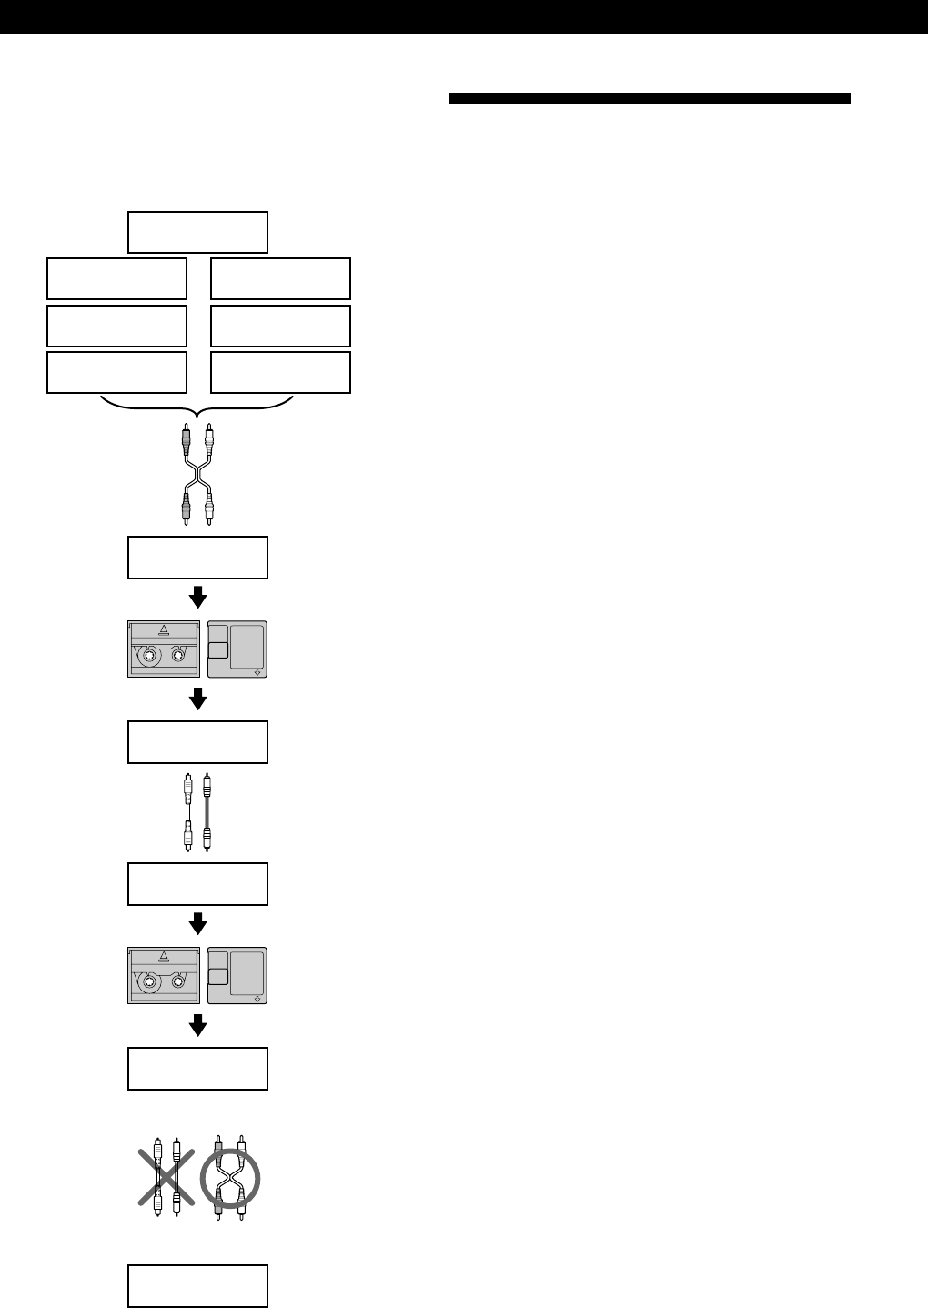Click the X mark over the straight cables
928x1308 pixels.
(166, 1177)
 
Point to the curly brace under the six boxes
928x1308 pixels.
(197, 406)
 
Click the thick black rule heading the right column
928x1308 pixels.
(649, 98)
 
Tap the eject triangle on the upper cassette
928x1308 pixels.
(164, 629)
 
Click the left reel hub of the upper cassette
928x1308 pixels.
(147, 656)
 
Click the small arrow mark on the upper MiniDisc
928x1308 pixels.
(257, 673)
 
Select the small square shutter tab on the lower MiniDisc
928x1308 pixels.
(217, 977)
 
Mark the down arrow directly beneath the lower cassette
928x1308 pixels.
(197, 1026)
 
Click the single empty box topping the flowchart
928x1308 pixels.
(197, 232)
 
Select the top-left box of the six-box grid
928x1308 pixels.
(116, 278)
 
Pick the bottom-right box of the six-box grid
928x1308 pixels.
(280, 373)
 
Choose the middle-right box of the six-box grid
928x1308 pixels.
(280, 326)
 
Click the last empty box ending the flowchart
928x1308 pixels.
(197, 1285)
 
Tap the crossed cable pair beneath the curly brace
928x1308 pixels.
(197, 475)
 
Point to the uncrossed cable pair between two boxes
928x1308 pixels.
(197, 812)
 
